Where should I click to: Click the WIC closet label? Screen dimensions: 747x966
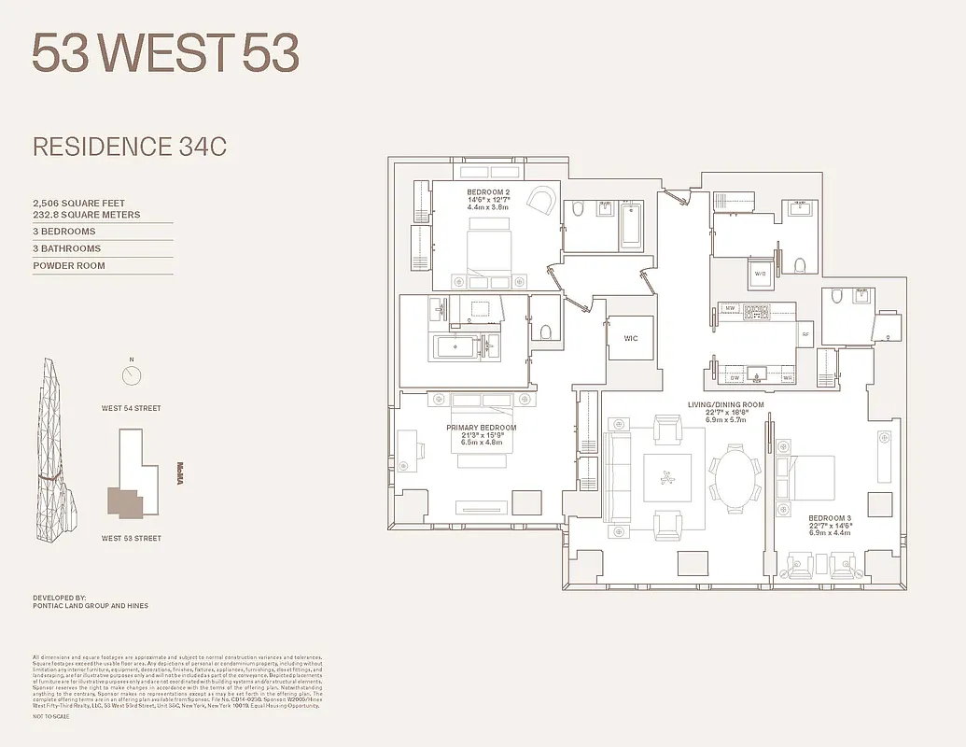tap(631, 339)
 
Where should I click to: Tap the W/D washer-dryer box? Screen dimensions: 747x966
tap(760, 275)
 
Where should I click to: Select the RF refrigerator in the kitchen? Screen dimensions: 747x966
tap(805, 333)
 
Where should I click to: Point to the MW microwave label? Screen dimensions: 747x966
tap(731, 308)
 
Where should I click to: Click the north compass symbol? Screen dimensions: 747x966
tap(132, 374)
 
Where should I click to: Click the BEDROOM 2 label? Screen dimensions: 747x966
tap(487, 192)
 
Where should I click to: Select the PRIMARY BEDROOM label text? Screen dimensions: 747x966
tap(481, 429)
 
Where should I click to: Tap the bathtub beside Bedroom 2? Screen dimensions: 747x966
tap(632, 224)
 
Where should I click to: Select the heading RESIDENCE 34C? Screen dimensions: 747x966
tap(130, 147)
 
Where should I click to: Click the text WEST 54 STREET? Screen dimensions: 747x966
tap(132, 408)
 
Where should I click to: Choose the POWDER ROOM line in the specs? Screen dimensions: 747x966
tap(69, 266)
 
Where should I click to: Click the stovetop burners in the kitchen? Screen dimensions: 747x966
tap(756, 310)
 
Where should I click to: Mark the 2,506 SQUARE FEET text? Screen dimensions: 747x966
tap(78, 203)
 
